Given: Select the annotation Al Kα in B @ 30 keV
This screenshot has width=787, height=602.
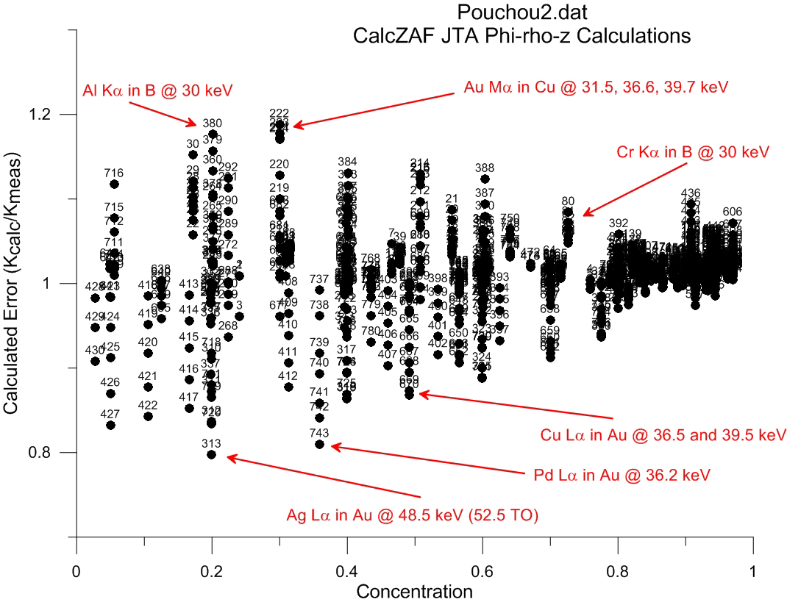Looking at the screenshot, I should point(157,90).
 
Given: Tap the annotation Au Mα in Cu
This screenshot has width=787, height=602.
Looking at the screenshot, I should point(596,86).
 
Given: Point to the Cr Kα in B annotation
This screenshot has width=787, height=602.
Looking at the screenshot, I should point(692,152).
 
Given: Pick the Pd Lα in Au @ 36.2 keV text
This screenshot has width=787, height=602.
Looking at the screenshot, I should point(621,475).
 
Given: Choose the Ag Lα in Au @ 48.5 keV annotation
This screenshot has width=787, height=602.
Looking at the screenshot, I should point(413,515).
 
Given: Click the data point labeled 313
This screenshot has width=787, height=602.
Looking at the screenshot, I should point(212,454).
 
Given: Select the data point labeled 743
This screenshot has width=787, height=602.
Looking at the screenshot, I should point(319,444).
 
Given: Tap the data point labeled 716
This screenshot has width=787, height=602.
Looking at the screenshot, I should point(114,184).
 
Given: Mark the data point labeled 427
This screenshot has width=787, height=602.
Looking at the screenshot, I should point(110,425).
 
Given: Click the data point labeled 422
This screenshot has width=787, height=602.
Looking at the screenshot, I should point(148,416).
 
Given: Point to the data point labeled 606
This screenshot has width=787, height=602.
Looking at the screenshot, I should point(733,223).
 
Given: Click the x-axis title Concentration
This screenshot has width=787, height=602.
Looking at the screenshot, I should point(413,591).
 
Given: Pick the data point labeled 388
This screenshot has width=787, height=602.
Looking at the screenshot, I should point(485,179).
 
